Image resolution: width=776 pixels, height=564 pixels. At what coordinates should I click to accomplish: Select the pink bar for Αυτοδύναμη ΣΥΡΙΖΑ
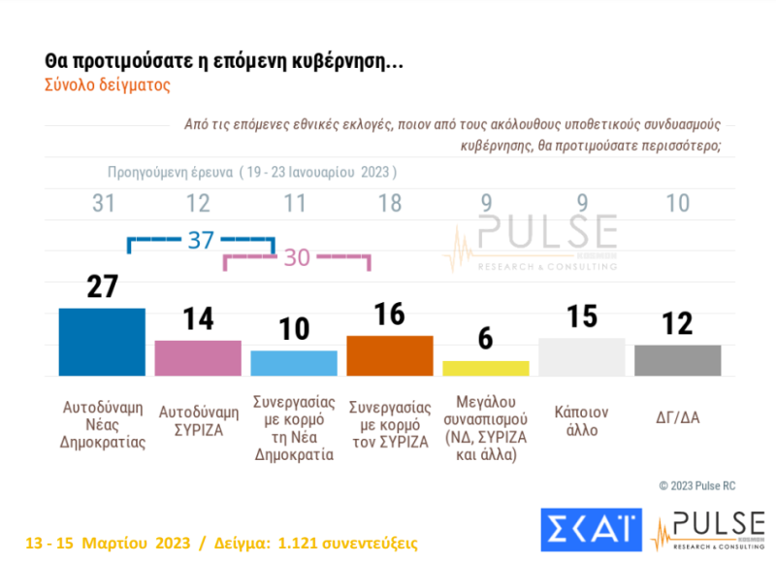(198, 357)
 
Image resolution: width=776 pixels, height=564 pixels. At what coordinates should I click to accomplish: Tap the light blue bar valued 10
(294, 363)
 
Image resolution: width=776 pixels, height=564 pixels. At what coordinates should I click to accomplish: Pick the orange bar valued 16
(389, 355)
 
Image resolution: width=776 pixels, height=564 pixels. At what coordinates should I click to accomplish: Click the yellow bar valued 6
(485, 368)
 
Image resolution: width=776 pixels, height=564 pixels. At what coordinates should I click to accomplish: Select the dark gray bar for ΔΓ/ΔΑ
(677, 360)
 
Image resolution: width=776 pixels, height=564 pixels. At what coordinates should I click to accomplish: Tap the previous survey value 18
(389, 204)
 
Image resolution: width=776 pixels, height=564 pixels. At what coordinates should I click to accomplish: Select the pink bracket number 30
(296, 258)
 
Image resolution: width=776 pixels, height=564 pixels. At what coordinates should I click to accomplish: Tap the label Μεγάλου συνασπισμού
(485, 426)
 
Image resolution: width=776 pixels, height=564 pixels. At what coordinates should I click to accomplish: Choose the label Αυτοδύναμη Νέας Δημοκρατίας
(102, 420)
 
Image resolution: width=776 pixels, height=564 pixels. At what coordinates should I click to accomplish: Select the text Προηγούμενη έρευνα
(169, 172)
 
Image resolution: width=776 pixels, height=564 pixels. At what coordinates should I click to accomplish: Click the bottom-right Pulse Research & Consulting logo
(705, 530)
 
